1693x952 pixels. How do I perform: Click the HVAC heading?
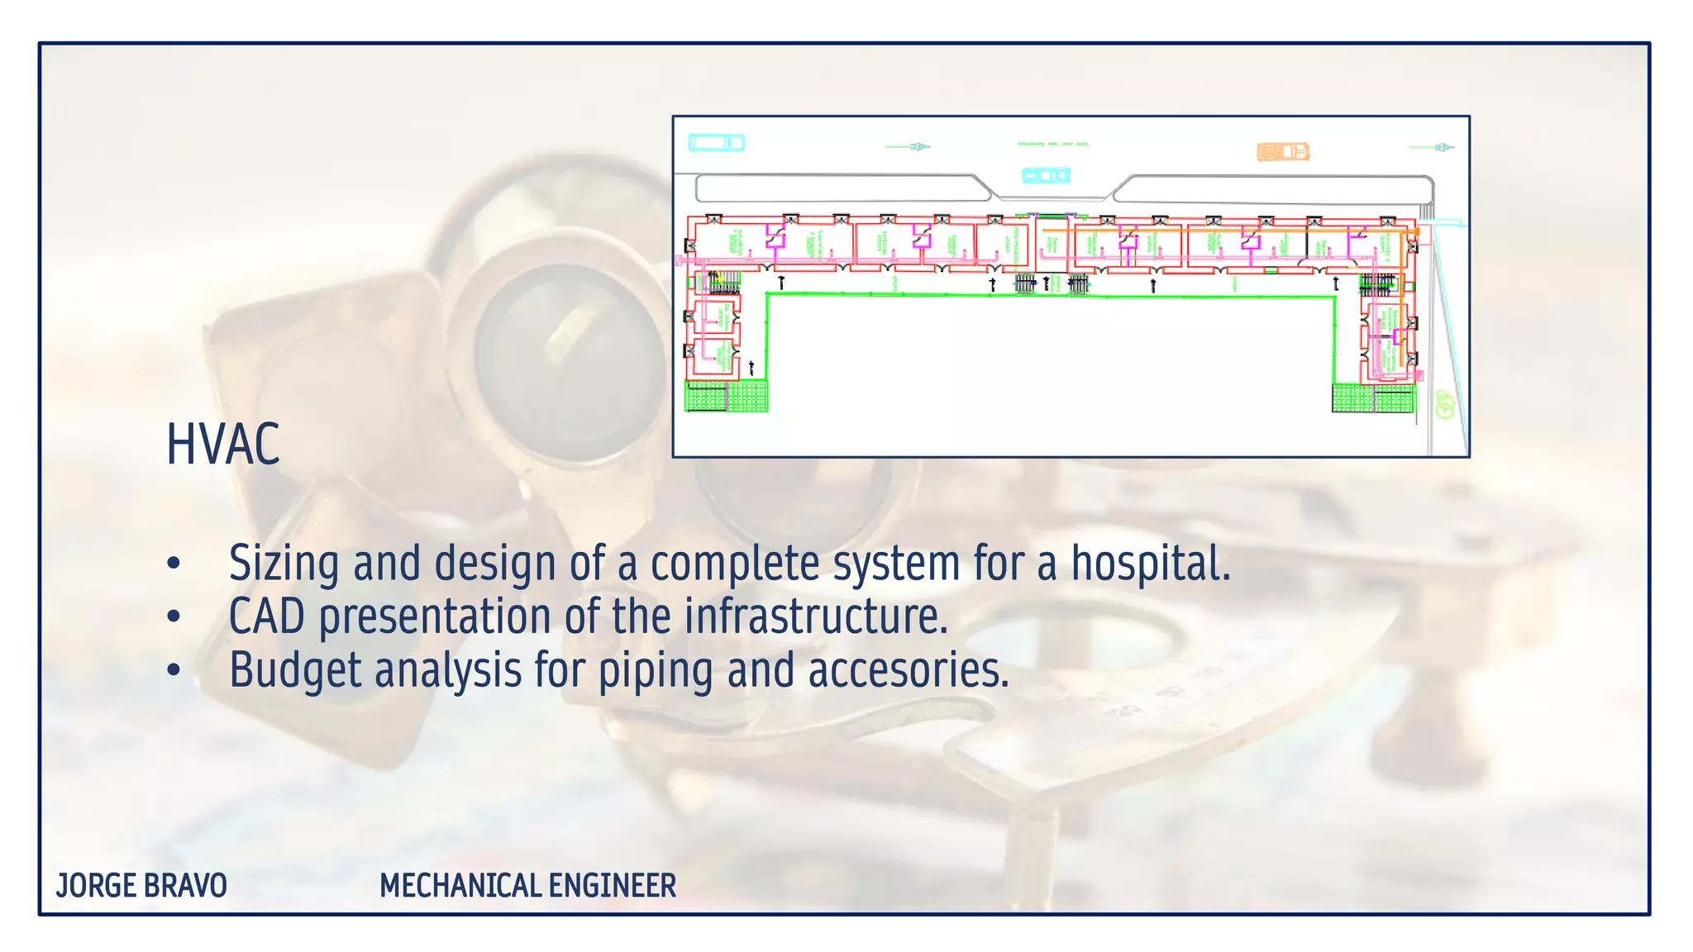(223, 445)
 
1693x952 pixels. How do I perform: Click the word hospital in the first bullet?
(1151, 564)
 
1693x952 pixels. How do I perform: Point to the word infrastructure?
(815, 616)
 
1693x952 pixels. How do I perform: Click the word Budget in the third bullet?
(295, 669)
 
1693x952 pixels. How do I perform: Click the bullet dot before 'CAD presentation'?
(173, 616)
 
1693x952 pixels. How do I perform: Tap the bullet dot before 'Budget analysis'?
(173, 669)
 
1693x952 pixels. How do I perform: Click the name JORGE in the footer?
(96, 886)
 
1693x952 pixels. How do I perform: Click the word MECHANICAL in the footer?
(460, 886)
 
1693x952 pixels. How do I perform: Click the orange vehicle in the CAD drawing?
(1283, 151)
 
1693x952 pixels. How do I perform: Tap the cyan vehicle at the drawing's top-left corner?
(717, 143)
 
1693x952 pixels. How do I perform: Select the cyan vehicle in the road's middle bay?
(1046, 175)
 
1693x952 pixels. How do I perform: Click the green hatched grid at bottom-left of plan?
(727, 396)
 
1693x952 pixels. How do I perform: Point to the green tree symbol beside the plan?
(1443, 404)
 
